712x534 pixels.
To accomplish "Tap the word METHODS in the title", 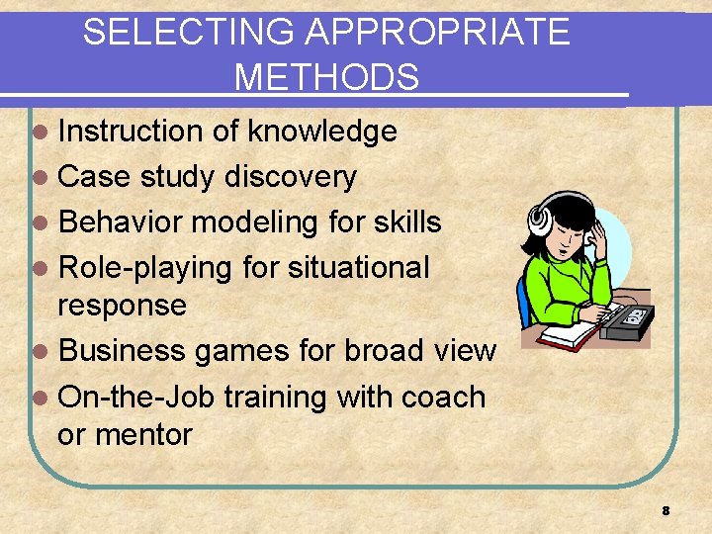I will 326,76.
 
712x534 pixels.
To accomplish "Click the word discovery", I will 291,176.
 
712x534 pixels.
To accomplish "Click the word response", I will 122,305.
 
